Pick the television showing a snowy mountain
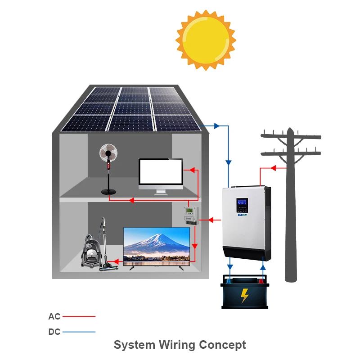(157, 245)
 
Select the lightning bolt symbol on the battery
(245, 296)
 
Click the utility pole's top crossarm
(292, 135)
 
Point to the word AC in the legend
(54, 317)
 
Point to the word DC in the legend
(54, 332)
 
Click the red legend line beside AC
(79, 317)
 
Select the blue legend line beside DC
(79, 332)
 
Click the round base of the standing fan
(108, 192)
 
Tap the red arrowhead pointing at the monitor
(189, 170)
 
